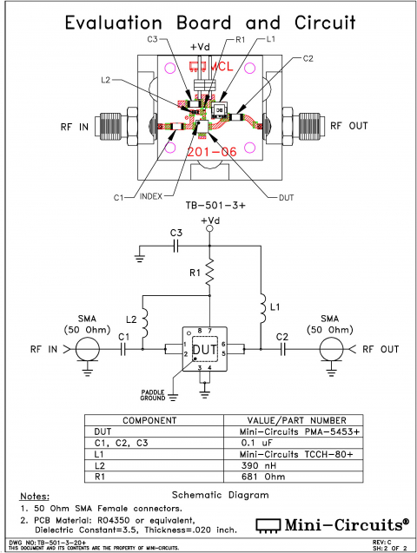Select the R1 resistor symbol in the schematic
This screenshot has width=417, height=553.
click(208, 276)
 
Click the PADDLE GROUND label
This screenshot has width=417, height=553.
click(153, 395)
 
